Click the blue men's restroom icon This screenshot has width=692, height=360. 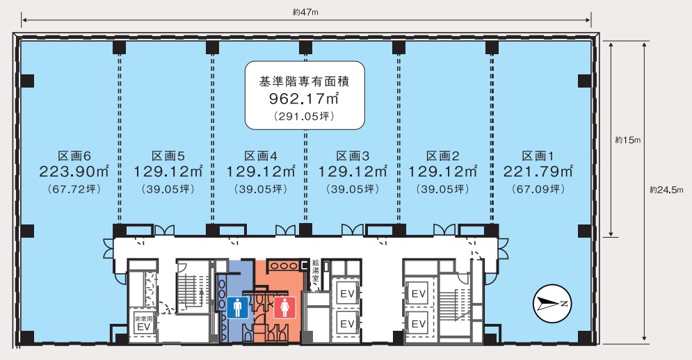point(238,307)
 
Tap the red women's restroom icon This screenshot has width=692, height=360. point(284,307)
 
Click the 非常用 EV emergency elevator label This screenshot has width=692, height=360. point(144,323)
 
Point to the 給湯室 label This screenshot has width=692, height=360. point(316,270)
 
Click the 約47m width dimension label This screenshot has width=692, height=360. point(305,13)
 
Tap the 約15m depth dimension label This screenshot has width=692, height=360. point(627,140)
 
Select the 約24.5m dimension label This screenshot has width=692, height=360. point(666,190)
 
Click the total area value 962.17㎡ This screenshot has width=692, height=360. point(304,99)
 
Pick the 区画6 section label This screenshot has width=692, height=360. point(74,156)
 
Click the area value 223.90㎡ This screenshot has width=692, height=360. point(74,171)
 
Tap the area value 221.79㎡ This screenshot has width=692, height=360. point(538,171)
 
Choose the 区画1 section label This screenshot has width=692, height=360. point(538,156)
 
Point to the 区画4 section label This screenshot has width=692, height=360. point(261,156)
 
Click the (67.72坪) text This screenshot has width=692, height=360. point(74,189)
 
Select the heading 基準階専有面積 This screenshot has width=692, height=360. point(304,81)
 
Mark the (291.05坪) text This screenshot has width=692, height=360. point(304,116)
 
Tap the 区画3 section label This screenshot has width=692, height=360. point(353,156)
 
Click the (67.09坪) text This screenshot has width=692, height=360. point(538,189)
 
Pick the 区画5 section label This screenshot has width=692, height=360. point(168,156)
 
